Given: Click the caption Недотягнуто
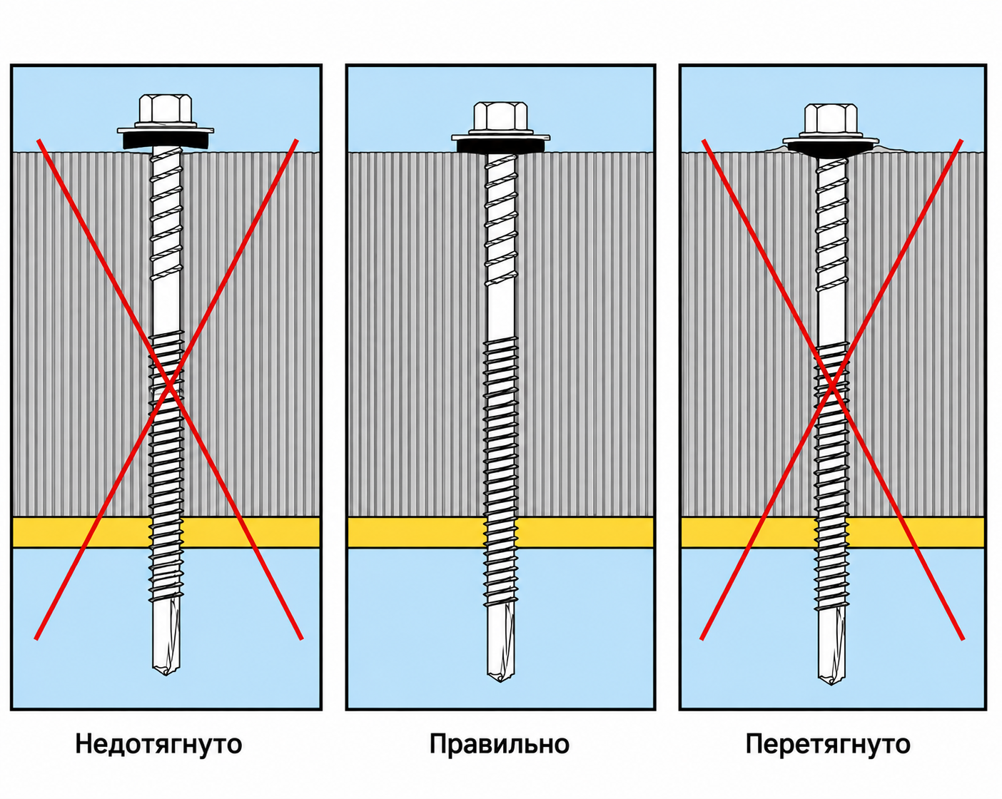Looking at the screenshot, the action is (x=158, y=745).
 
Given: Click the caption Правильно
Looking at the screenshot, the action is (x=499, y=744).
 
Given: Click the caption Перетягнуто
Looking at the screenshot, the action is (x=828, y=745).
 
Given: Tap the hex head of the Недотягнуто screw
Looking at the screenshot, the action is (x=166, y=109).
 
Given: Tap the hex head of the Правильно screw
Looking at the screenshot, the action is (x=500, y=118).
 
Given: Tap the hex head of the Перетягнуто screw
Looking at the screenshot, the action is (x=831, y=121).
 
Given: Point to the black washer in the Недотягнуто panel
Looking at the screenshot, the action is (x=166, y=141).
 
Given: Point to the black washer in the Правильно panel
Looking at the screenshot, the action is (x=500, y=146).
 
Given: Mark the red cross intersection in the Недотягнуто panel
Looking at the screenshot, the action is (x=169, y=384).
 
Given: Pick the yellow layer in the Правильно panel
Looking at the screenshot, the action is (x=500, y=532).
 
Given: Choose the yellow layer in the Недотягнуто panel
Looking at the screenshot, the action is (x=166, y=532).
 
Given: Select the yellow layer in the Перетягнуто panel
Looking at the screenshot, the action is (x=833, y=532).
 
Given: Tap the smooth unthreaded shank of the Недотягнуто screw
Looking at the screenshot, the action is (x=166, y=305).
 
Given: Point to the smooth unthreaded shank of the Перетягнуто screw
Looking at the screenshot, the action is (x=831, y=317).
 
